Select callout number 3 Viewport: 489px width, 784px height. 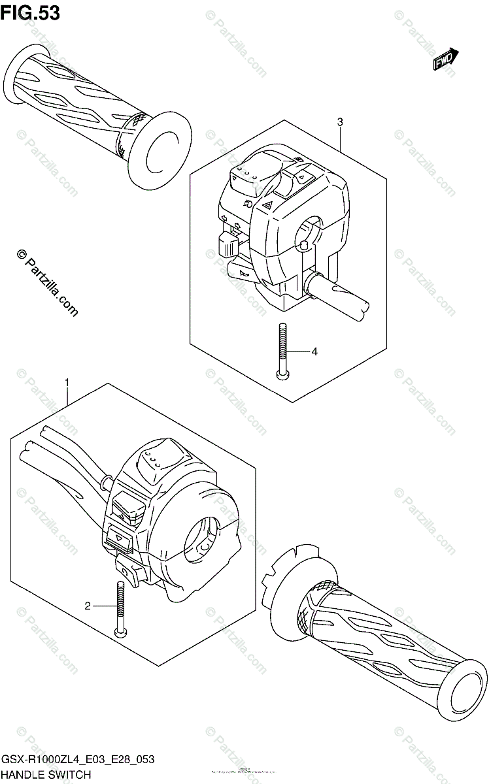340,122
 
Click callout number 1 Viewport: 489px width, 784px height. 67,382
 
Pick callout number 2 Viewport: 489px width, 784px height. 87,606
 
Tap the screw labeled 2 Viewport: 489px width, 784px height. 121,607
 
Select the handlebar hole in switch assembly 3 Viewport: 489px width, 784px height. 308,236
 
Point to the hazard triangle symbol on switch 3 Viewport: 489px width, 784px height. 267,204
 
